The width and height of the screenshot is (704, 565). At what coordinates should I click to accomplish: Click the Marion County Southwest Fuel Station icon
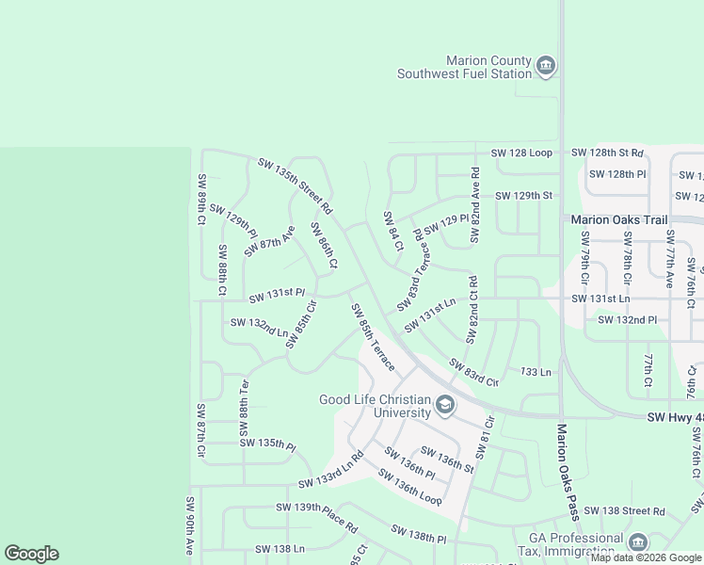click(545, 66)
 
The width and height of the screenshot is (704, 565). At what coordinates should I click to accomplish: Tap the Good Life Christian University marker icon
click(444, 407)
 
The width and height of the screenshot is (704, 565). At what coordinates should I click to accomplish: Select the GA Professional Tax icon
click(637, 542)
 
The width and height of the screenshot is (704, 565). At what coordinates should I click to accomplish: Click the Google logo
click(32, 554)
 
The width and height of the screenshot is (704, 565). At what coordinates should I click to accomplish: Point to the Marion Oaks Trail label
click(619, 220)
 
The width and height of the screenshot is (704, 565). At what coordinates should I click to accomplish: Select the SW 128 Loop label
click(521, 153)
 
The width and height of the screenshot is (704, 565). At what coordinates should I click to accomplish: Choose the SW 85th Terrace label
click(373, 336)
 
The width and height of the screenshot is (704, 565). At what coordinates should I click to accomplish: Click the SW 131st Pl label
click(277, 297)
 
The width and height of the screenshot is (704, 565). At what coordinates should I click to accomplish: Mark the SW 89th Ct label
click(201, 199)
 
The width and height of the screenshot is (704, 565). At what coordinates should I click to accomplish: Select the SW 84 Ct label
click(392, 231)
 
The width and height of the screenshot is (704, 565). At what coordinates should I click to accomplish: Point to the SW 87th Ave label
click(270, 241)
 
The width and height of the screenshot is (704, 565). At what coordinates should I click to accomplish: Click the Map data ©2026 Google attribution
click(646, 557)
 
